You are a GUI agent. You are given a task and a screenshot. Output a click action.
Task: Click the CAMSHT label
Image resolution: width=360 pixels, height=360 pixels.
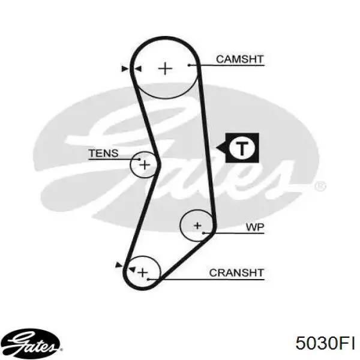point(239,59)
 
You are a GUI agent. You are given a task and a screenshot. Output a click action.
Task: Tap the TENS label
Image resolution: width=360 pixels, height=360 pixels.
point(104,153)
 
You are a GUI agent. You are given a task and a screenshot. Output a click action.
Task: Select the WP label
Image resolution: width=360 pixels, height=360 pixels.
point(255,227)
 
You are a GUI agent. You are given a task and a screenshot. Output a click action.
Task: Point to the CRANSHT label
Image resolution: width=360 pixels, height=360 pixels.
point(236,273)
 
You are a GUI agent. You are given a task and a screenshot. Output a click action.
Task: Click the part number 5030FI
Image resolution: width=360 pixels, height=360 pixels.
point(325,343)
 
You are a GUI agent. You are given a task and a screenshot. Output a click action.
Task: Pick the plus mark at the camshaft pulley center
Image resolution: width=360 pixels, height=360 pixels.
point(165,68)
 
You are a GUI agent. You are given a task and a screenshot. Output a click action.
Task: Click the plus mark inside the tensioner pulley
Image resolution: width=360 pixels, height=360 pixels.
point(145,164)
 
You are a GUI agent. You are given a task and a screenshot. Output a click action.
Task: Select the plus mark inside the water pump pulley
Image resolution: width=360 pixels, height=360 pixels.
point(197,226)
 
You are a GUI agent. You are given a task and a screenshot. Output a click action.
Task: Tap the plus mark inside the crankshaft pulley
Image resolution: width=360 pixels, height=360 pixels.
point(143,272)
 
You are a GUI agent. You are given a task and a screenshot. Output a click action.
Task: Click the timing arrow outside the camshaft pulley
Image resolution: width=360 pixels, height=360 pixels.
point(125,68)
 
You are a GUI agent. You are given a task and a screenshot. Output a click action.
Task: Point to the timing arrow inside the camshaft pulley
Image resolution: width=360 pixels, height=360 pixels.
point(138,68)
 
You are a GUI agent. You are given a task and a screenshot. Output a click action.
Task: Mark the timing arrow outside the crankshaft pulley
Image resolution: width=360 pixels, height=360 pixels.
point(119,265)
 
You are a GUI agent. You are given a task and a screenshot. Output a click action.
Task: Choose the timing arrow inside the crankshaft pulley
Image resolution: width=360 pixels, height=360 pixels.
point(132,269)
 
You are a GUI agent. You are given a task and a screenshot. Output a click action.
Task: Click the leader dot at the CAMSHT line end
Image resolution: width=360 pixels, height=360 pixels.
point(189,65)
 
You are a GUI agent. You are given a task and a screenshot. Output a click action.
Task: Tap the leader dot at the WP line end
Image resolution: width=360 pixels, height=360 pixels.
point(203,233)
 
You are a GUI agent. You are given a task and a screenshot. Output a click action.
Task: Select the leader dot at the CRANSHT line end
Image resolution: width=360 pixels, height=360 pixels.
point(148,279)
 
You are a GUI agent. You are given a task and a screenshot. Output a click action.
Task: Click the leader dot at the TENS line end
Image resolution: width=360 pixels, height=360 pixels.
point(139,159)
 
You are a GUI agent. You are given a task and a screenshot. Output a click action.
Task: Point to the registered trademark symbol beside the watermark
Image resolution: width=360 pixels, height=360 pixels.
point(320,186)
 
